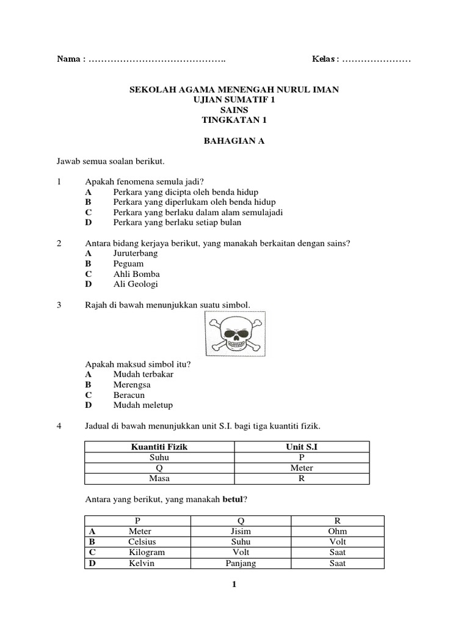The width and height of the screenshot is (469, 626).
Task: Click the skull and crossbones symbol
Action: [x=234, y=334]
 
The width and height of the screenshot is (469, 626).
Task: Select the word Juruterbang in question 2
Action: [x=136, y=253]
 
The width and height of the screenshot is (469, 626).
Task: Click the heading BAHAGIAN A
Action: [x=234, y=141]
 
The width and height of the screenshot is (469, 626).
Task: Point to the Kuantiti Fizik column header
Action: [x=159, y=447]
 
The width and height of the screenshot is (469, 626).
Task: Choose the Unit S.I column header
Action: [x=301, y=447]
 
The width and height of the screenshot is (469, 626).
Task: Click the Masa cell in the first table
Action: [x=159, y=478]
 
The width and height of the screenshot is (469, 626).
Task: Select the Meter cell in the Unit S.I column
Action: [x=301, y=468]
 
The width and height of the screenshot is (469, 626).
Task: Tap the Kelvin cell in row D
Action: [x=142, y=563]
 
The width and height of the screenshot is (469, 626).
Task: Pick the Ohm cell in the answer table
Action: [x=337, y=532]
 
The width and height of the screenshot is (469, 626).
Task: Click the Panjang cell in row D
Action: [x=241, y=563]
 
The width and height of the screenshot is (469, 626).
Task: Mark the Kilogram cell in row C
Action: [x=142, y=553]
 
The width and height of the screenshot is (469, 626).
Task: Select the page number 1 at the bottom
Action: [x=234, y=585]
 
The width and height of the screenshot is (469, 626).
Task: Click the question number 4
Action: [x=60, y=425]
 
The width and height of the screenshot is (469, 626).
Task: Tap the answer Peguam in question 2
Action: [x=128, y=263]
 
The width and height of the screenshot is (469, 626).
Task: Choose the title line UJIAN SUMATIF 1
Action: [x=234, y=100]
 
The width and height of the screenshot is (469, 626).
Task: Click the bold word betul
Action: [x=232, y=499]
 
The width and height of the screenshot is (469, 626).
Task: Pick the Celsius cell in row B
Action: [x=142, y=542]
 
